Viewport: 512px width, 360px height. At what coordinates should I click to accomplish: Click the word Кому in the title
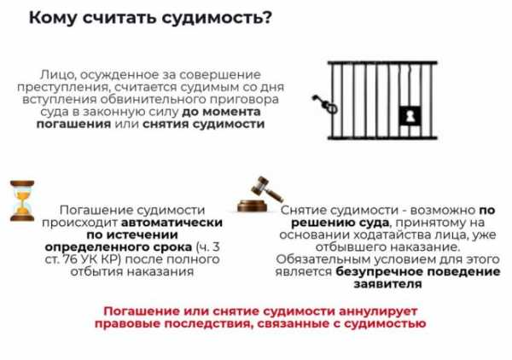(52, 18)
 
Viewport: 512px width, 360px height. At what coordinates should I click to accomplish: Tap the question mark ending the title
(266, 18)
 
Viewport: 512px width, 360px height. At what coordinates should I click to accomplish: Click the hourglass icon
(22, 200)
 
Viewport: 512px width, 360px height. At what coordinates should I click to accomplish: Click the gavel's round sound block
(252, 206)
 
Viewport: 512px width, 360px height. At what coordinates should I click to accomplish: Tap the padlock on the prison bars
(410, 115)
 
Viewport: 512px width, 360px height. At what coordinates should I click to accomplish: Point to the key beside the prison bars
(324, 103)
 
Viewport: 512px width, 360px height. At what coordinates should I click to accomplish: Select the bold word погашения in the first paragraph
(73, 125)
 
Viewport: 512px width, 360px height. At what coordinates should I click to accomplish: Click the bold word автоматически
(172, 223)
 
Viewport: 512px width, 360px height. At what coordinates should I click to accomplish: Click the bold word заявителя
(388, 284)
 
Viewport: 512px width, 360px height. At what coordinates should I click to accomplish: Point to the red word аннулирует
(378, 311)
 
